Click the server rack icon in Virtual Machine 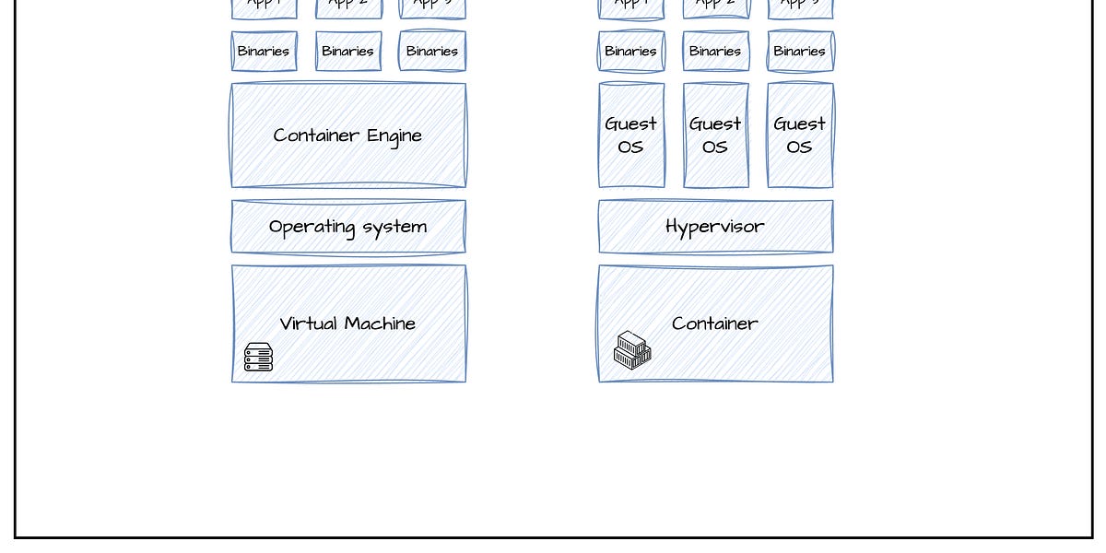(x=258, y=357)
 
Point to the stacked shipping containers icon (x=632, y=350)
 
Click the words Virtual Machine (x=347, y=324)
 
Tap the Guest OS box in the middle (x=715, y=135)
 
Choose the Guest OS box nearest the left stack (x=631, y=135)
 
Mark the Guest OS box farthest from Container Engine (x=800, y=135)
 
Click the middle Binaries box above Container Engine (x=348, y=52)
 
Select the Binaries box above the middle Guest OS (x=715, y=52)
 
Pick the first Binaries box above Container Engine (x=264, y=52)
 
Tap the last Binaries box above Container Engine (x=432, y=52)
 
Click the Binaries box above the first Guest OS (x=631, y=52)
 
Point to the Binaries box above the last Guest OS (x=800, y=52)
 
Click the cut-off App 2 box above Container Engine (x=348, y=8)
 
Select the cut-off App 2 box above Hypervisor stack (x=715, y=8)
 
